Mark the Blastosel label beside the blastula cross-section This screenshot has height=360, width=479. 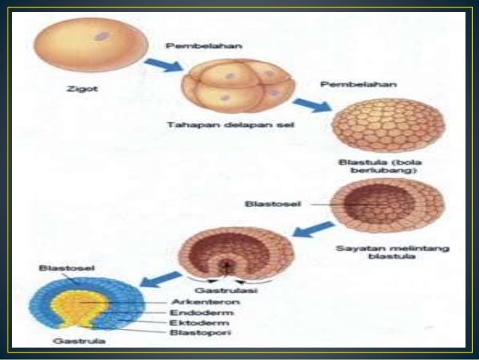pyautogui.click(x=267, y=203)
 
